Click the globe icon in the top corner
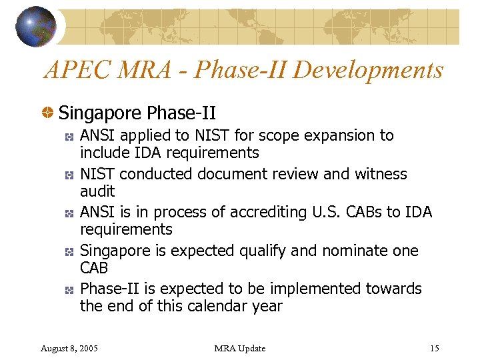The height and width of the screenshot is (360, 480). [x=36, y=26]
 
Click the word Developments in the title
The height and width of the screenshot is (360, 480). [x=368, y=69]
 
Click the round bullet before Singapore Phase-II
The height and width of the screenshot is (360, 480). [x=49, y=113]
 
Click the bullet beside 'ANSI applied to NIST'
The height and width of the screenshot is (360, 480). [x=69, y=136]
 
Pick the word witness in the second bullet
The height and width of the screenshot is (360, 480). [x=381, y=174]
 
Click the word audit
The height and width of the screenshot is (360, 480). [x=97, y=191]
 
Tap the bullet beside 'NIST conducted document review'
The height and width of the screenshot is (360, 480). [x=69, y=175]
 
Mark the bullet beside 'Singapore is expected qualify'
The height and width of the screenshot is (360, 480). [x=69, y=251]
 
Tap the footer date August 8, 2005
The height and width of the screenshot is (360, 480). [x=69, y=348]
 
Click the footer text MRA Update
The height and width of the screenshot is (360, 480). [x=240, y=348]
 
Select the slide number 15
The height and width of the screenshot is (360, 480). [x=435, y=348]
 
